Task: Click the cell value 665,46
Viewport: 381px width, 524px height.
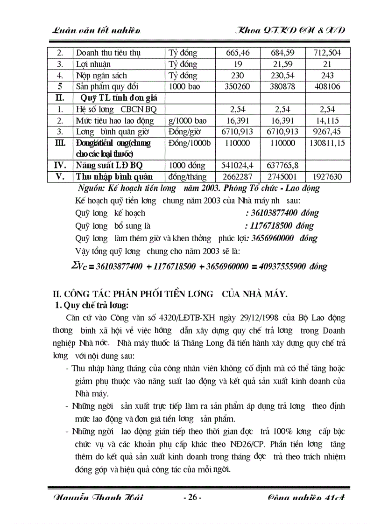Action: (x=238, y=53)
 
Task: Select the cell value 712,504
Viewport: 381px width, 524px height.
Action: (x=327, y=53)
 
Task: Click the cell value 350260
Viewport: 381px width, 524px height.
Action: (x=238, y=86)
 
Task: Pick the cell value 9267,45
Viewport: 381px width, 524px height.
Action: (x=327, y=132)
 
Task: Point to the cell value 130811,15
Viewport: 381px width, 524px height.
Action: (x=327, y=143)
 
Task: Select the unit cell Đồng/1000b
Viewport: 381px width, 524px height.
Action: (x=189, y=143)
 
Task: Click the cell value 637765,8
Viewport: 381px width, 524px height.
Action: (x=282, y=166)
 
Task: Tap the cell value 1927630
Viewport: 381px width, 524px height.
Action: (x=327, y=177)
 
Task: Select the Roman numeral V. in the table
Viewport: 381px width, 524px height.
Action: (x=60, y=177)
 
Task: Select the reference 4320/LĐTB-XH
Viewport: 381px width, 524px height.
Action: (x=191, y=318)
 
